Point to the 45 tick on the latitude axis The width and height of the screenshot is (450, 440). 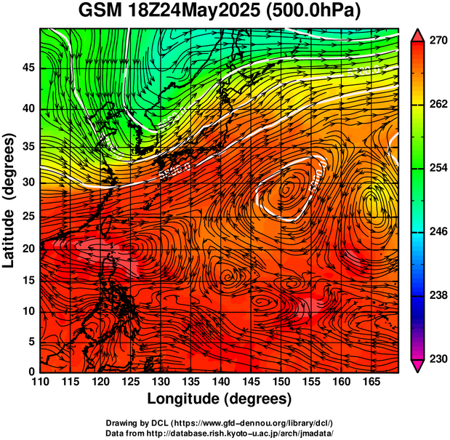click(27, 67)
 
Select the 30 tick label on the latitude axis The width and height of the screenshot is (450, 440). click(27, 182)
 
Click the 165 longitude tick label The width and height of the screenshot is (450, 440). click(370, 383)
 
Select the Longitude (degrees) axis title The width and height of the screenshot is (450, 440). click(220, 399)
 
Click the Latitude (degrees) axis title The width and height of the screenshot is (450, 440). click(10, 200)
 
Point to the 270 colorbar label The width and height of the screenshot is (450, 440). click(437, 41)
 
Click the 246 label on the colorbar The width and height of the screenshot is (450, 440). click(437, 232)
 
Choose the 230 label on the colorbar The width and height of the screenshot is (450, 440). click(437, 359)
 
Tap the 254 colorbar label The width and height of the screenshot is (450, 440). click(437, 168)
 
